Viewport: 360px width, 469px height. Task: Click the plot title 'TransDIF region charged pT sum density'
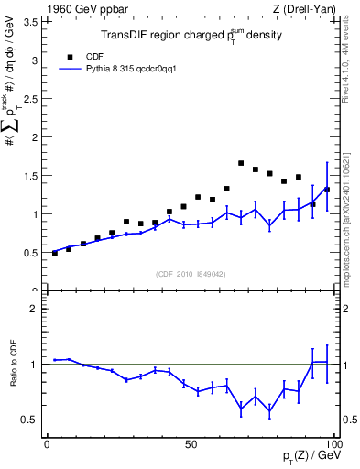pyautogui.click(x=191, y=36)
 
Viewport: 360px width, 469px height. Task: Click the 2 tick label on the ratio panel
pyautogui.click(x=33, y=309)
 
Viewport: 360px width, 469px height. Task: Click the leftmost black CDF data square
pyautogui.click(x=55, y=253)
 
